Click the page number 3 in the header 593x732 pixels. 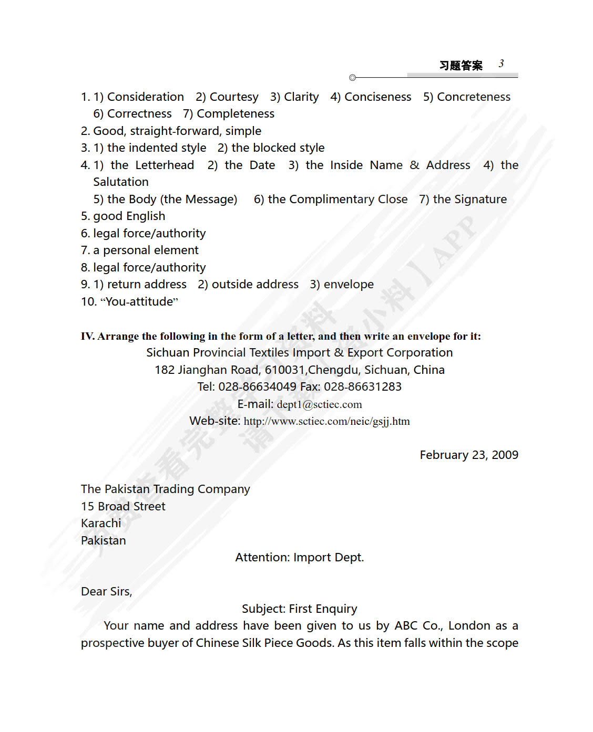502,64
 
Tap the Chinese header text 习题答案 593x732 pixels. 461,65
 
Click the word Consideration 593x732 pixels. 146,97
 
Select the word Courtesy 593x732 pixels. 234,97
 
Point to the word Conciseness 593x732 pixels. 377,97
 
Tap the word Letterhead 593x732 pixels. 165,165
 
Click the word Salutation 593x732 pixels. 121,182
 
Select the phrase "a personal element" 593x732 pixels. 151,250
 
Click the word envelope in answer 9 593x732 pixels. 349,284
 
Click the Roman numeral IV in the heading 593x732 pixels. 87,336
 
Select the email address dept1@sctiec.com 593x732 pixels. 319,404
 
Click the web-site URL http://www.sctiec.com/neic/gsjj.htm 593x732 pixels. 326,421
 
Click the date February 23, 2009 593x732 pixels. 469,455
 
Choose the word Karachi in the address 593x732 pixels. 101,523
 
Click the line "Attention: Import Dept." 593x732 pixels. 299,557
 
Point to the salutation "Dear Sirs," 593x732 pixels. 106,591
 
